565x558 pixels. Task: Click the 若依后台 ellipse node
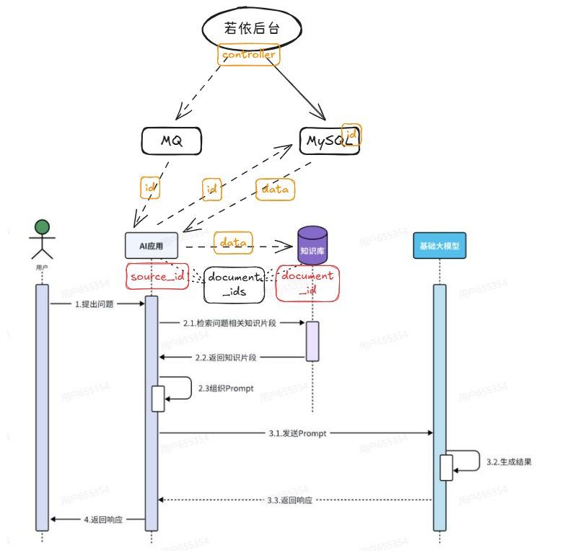point(250,29)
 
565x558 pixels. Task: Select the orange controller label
point(248,55)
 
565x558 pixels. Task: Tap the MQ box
point(171,141)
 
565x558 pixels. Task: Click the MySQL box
point(328,141)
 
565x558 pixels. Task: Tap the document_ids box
point(233,284)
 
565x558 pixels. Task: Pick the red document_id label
point(307,283)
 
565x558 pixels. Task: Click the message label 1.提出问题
point(95,304)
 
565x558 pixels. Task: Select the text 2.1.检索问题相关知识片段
point(229,324)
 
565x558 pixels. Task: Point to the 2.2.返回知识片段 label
point(227,357)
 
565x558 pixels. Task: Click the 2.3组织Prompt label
point(226,388)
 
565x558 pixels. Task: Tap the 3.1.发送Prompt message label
point(297,433)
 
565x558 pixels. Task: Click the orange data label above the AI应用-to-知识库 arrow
point(234,243)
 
